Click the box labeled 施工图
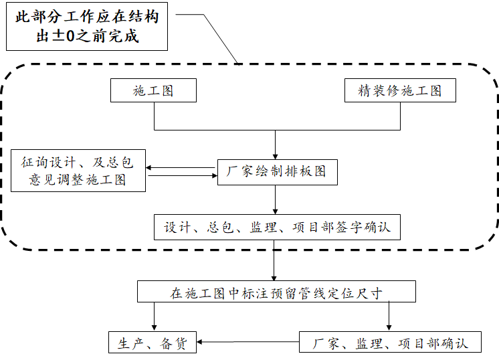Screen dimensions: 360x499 pos(153,91)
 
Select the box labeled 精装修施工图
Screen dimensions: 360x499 pos(400,91)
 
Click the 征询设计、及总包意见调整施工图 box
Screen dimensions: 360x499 pos(78,171)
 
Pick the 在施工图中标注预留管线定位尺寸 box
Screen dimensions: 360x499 pos(276,292)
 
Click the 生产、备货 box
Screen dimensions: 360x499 pos(153,343)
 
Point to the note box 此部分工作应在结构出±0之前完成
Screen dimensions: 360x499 pos(88,27)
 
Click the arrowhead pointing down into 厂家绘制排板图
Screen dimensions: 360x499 pos(276,155)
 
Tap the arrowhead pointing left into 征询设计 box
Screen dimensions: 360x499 pos(150,168)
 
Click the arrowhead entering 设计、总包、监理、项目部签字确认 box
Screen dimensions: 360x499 pos(276,211)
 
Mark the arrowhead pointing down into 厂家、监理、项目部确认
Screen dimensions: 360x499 pos(389,328)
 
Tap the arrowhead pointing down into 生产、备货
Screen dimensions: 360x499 pos(155,328)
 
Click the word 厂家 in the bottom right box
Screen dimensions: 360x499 pos(327,344)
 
